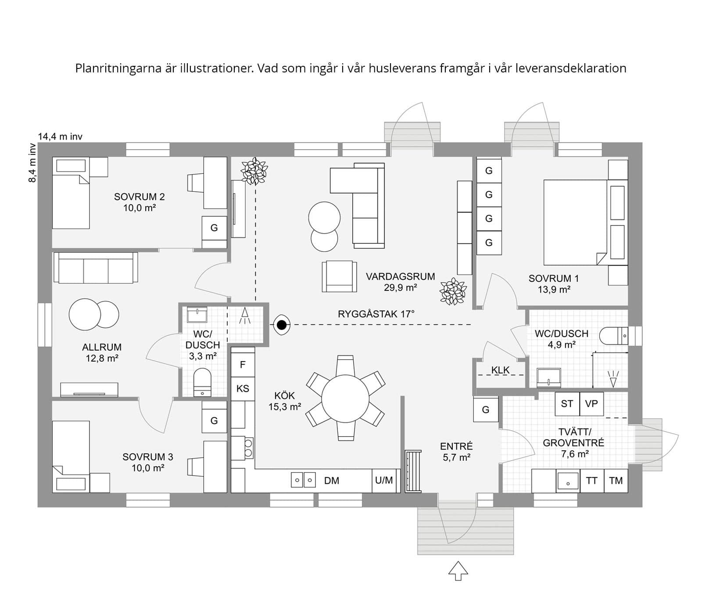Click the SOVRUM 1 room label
point(553,278)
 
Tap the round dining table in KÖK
point(345,399)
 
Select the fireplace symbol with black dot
point(282,325)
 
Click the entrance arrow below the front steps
point(458,570)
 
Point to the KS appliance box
point(243,388)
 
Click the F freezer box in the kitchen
point(243,365)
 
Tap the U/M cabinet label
point(384,480)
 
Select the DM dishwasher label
point(332,481)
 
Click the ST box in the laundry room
point(567,403)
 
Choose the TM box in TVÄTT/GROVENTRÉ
point(616,481)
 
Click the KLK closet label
point(500,370)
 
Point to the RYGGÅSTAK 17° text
point(376,314)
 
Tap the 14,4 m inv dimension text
point(60,136)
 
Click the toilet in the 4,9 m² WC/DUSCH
point(613,336)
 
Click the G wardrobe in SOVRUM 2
point(214,228)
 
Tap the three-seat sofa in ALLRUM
point(96,268)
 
